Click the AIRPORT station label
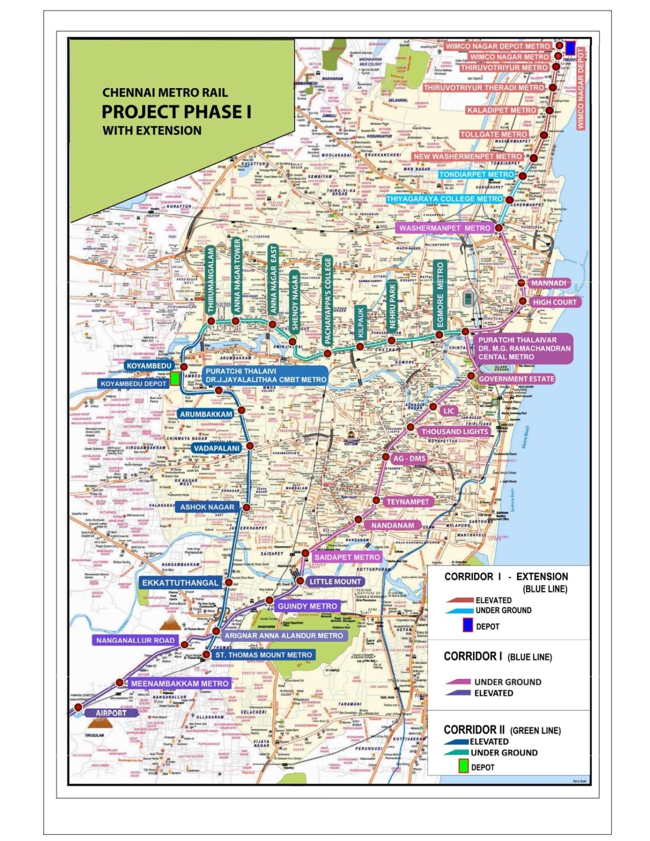[x=111, y=713]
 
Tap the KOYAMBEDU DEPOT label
[x=133, y=384]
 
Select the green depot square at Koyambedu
[x=174, y=378]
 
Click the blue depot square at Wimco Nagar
[x=570, y=47]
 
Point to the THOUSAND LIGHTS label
[x=455, y=431]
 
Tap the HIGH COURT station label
[x=554, y=302]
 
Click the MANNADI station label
[x=548, y=283]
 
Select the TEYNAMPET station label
[x=408, y=502]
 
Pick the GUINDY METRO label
[x=307, y=606]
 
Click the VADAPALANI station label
[x=216, y=448]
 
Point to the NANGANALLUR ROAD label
[x=135, y=640]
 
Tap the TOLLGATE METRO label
[x=494, y=134]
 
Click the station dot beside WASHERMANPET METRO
[x=499, y=228]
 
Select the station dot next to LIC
[x=433, y=407]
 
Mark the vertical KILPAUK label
[x=360, y=322]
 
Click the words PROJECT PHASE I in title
[x=176, y=112]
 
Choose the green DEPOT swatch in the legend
[x=463, y=767]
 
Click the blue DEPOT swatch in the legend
[x=468, y=625]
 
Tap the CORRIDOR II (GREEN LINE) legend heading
[x=502, y=730]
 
